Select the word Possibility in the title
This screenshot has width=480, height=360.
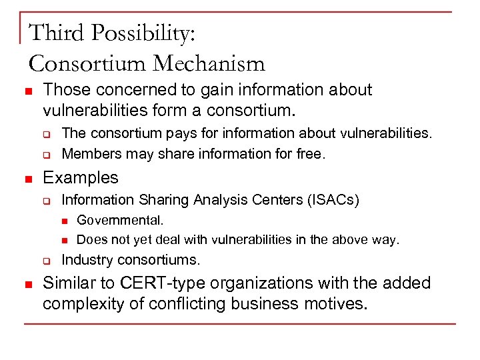(143, 32)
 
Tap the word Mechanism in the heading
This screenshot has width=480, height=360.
(209, 63)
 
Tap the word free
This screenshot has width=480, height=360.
(311, 155)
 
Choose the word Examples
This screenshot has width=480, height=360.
(80, 177)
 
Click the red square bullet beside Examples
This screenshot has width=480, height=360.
(27, 179)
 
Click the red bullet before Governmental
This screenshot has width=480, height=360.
(65, 220)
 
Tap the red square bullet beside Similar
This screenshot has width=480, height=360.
(27, 284)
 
